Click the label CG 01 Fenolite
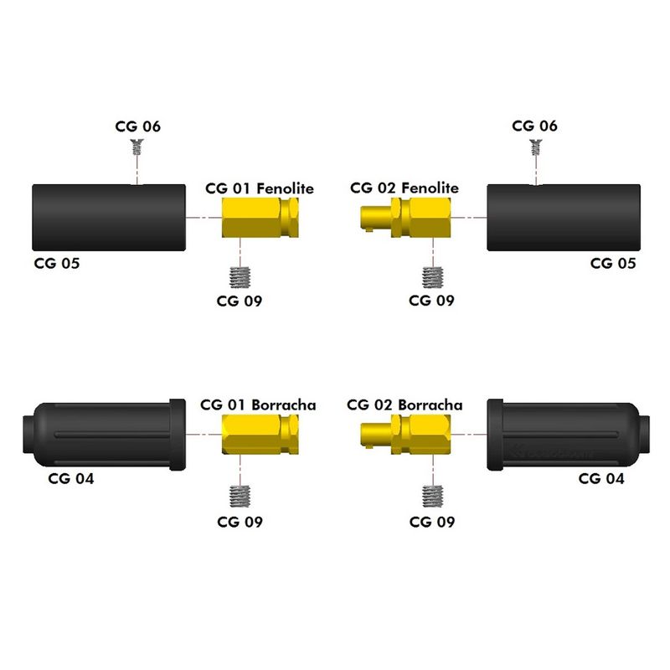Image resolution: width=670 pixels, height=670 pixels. click(x=260, y=188)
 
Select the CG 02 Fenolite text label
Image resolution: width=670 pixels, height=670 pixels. click(x=405, y=188)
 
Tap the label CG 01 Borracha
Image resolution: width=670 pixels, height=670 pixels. click(x=258, y=405)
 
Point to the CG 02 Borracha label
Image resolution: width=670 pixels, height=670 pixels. click(x=404, y=405)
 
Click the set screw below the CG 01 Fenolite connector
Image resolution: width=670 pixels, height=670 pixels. click(x=241, y=276)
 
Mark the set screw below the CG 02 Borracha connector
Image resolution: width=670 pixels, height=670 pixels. click(x=432, y=496)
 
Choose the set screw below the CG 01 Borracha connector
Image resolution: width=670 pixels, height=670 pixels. click(x=241, y=496)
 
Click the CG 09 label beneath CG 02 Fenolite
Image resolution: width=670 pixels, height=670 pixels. click(x=432, y=301)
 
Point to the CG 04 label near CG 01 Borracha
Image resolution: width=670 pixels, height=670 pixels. click(x=71, y=479)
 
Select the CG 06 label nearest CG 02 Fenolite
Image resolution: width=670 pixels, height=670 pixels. click(x=535, y=126)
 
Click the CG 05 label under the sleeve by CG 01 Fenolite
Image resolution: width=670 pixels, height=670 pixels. click(x=57, y=263)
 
